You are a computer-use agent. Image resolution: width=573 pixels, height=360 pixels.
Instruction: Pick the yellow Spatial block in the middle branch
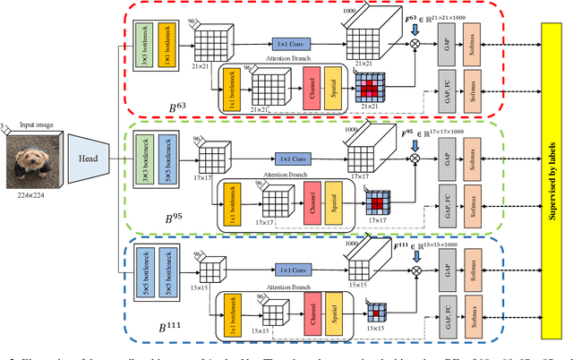[332, 201]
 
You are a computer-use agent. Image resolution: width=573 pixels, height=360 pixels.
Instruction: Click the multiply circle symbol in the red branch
[415, 43]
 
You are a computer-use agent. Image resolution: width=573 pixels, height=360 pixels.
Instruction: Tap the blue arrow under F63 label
[415, 29]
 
